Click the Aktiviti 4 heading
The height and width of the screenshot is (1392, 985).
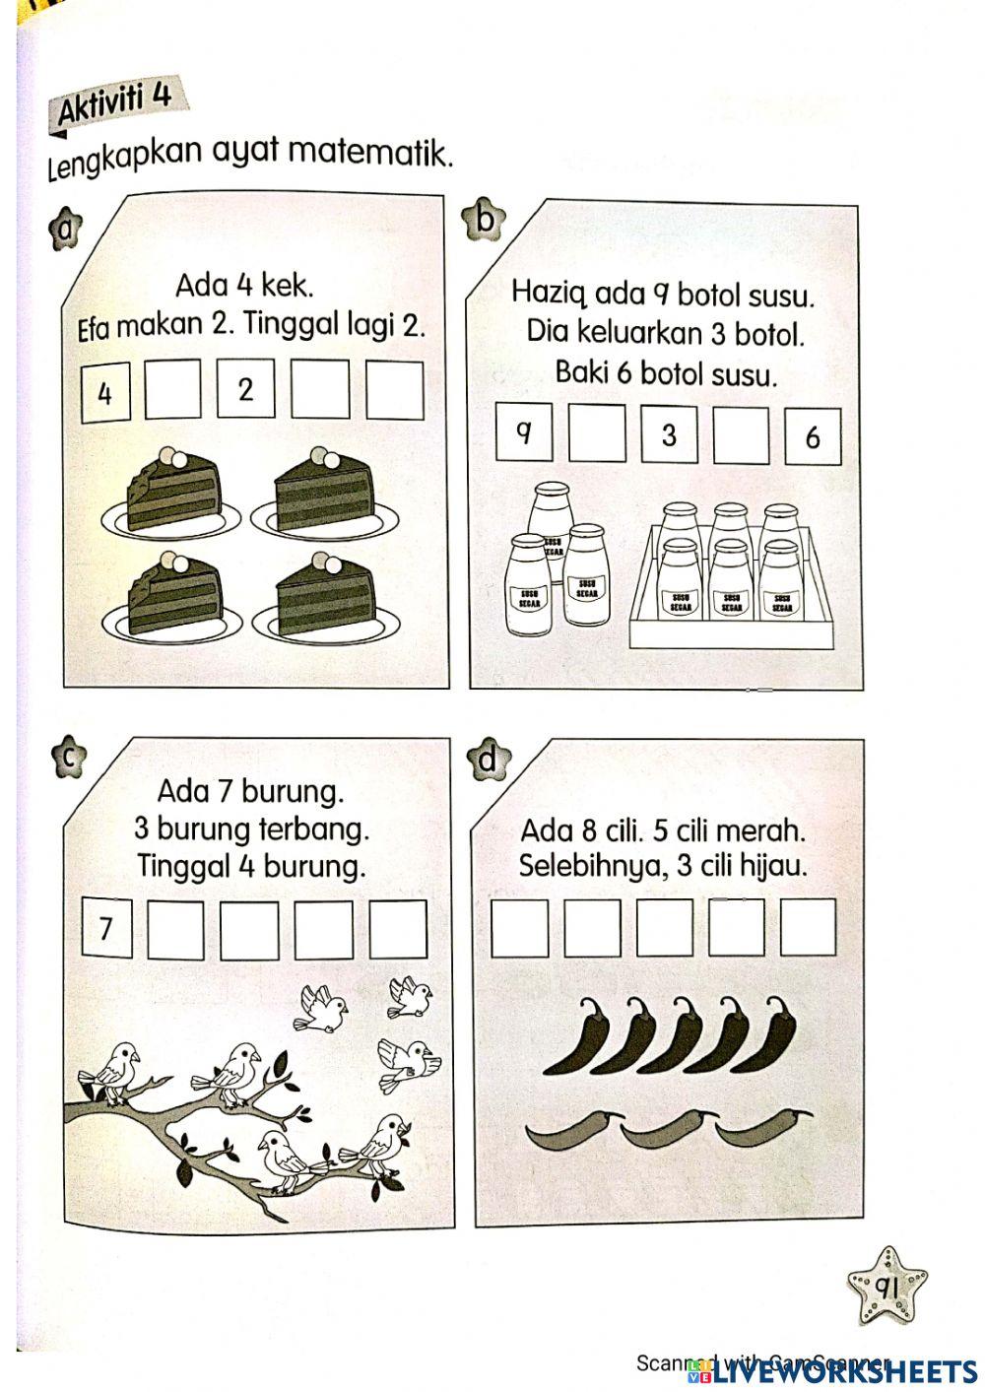point(115,101)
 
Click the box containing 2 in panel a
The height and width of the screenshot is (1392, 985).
point(245,389)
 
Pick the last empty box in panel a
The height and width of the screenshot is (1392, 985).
point(395,390)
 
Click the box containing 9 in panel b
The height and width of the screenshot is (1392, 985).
point(523,431)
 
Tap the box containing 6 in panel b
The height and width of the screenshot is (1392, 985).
point(813,436)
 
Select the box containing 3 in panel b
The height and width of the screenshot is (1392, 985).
point(669,433)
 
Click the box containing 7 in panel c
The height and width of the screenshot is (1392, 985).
point(107,927)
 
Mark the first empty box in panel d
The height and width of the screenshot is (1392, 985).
point(519,927)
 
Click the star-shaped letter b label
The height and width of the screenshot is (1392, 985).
point(485,219)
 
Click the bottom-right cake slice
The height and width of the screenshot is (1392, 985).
point(326,599)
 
